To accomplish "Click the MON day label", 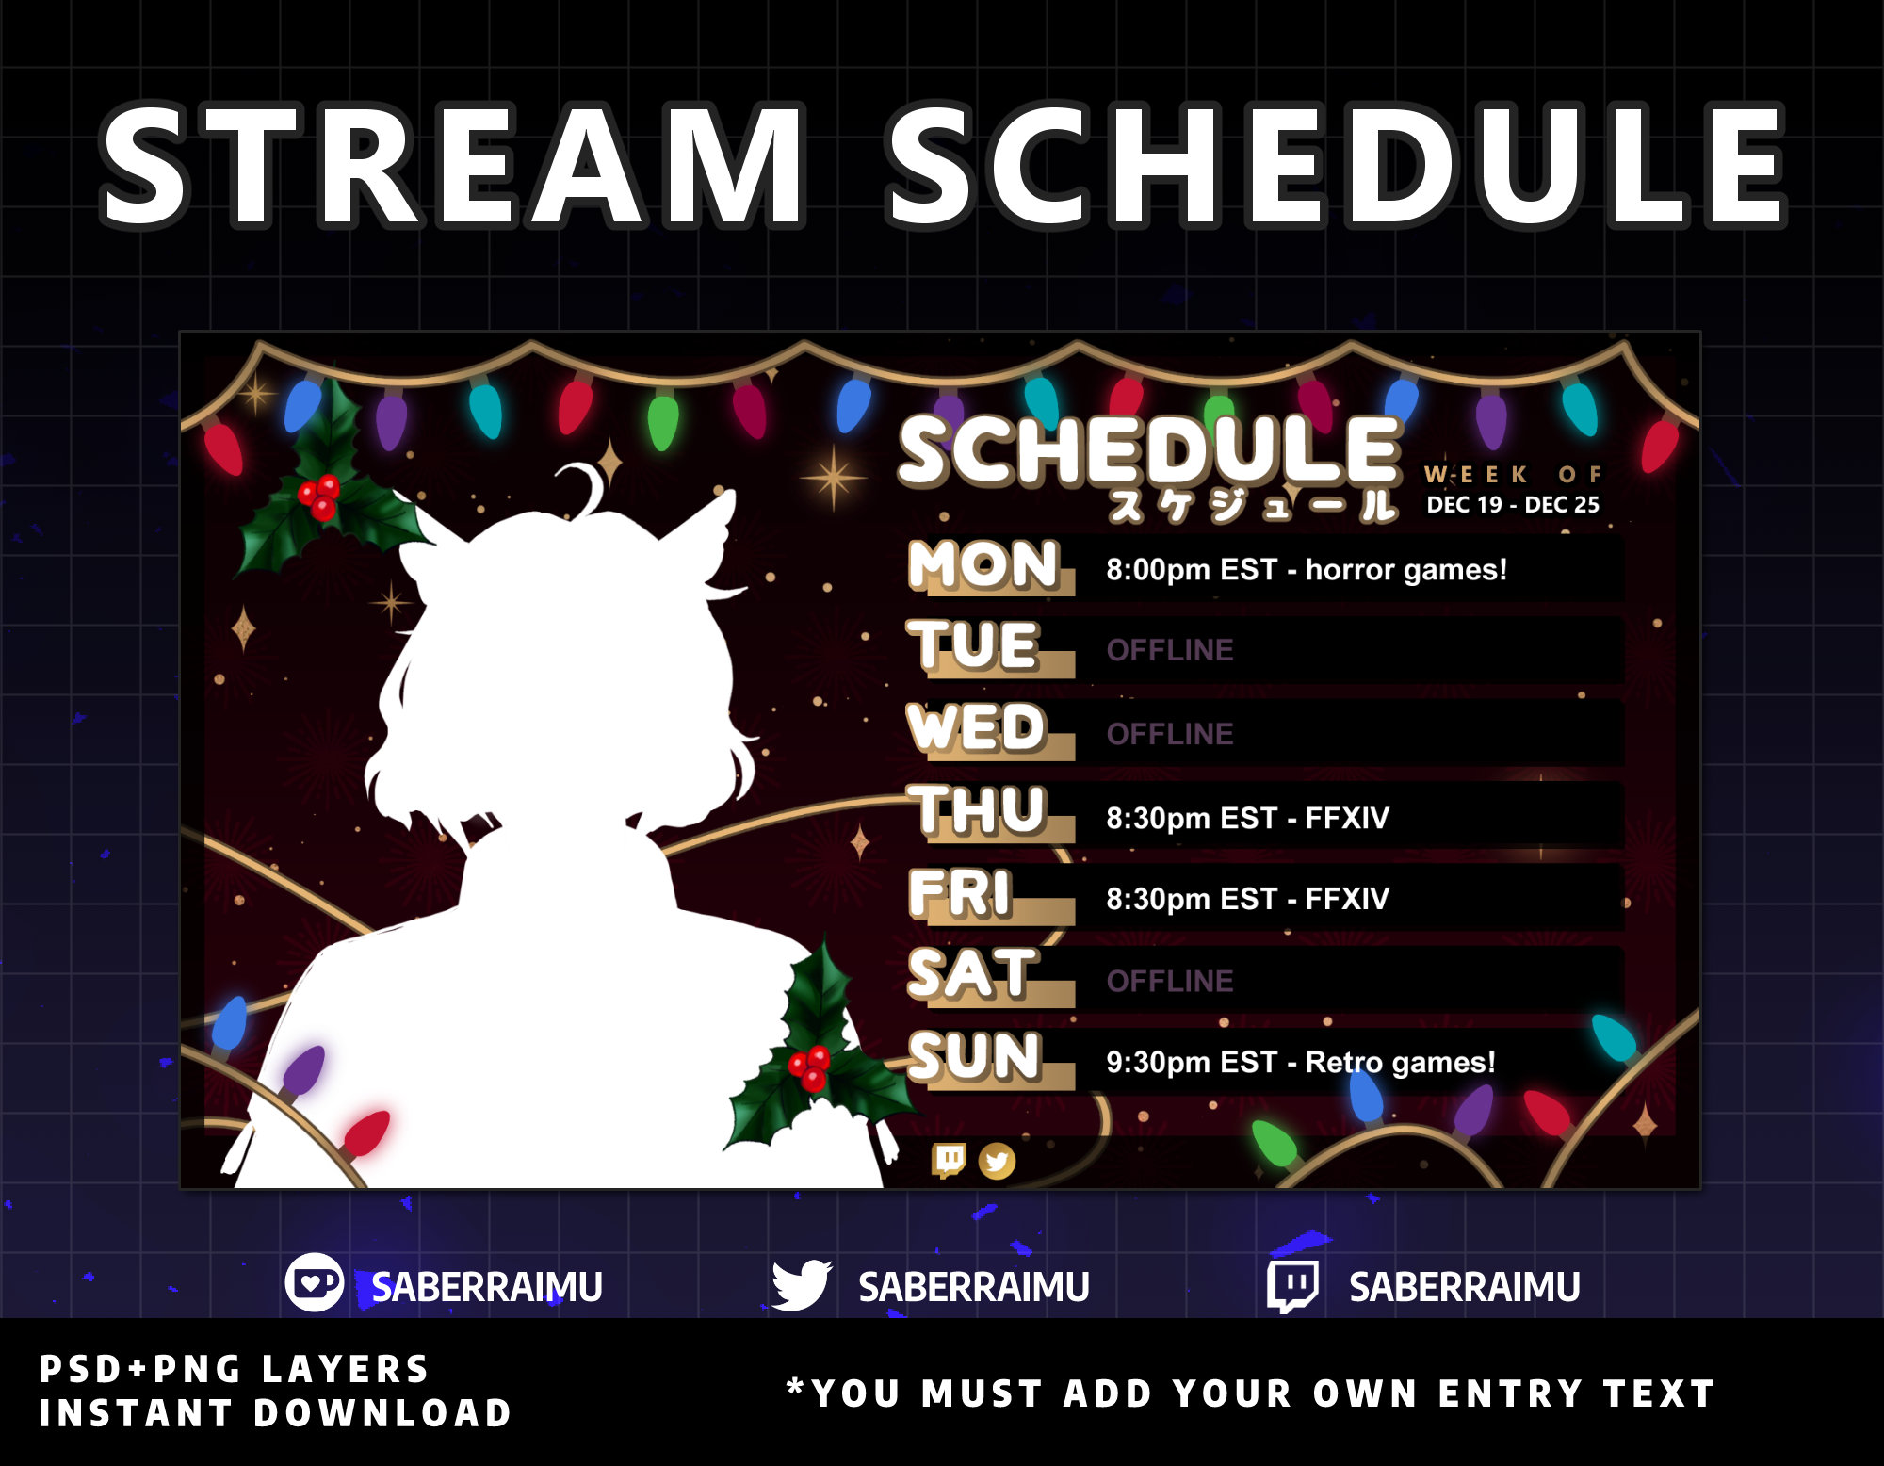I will [x=983, y=565].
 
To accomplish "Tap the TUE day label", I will [x=974, y=646].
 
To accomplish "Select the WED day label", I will [x=977, y=728].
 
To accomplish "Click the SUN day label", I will [x=975, y=1056].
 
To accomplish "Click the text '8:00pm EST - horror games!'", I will [x=1306, y=570].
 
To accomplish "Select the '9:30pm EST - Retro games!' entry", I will [x=1300, y=1063].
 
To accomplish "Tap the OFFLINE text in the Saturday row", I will [x=1169, y=982].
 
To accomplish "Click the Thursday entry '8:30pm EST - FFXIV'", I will [x=1247, y=818].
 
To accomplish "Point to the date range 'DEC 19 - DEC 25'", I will [x=1513, y=505].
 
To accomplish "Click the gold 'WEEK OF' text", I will [x=1513, y=474].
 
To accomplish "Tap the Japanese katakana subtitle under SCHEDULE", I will [x=1252, y=507].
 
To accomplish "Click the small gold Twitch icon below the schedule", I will [x=949, y=1161].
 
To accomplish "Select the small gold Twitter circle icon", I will [x=997, y=1162].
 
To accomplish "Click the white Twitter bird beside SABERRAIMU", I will [x=801, y=1285].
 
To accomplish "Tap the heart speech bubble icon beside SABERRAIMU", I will [x=314, y=1282].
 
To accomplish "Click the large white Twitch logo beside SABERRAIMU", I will [x=1291, y=1285].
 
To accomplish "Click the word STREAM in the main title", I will [x=453, y=167].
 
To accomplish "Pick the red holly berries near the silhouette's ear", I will [x=319, y=497].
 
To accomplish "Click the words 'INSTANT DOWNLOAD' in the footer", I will [x=275, y=1413].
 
